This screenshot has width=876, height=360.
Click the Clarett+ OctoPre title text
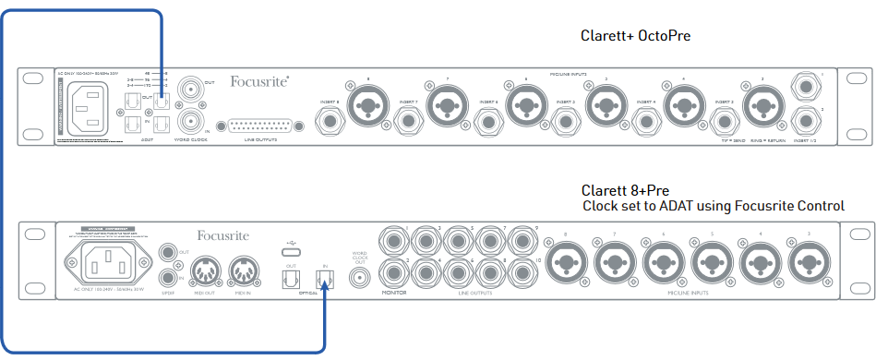pyautogui.click(x=635, y=36)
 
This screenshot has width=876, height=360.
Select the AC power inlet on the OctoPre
pyautogui.click(x=90, y=101)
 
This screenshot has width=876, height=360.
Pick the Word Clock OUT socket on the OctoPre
pyautogui.click(x=191, y=91)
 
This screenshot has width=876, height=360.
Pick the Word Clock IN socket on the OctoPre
pyautogui.click(x=191, y=121)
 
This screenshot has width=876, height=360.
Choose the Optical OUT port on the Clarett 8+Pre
pyautogui.click(x=292, y=279)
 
